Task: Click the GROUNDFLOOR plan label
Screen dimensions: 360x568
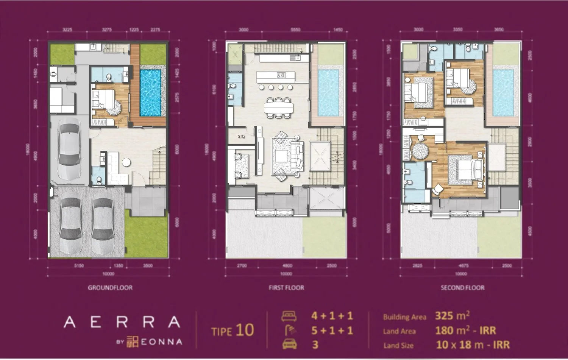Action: (110, 288)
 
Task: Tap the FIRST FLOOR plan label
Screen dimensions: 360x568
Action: (286, 288)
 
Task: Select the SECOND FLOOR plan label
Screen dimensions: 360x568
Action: (462, 288)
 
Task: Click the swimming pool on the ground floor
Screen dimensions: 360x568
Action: (153, 93)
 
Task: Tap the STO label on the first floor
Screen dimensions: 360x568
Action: (241, 137)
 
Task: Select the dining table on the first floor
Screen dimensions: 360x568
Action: (279, 108)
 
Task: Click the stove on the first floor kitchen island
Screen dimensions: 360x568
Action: (281, 75)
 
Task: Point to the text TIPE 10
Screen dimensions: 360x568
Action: (233, 330)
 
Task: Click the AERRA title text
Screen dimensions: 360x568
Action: (122, 322)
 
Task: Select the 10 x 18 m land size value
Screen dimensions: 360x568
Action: (472, 345)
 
